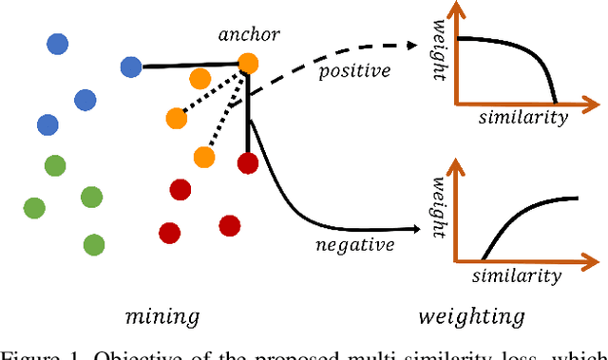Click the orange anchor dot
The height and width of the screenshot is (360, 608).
click(x=248, y=64)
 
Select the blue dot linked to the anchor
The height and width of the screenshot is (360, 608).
click(x=131, y=66)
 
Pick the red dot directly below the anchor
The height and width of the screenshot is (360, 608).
click(x=248, y=162)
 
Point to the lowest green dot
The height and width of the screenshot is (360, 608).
click(x=93, y=244)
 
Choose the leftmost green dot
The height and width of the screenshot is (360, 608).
click(x=34, y=207)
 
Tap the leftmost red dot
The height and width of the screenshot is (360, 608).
click(x=169, y=232)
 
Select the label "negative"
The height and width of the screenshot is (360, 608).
click(x=354, y=245)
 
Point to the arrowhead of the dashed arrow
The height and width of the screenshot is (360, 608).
click(x=416, y=45)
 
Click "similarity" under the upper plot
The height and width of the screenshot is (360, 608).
click(x=522, y=118)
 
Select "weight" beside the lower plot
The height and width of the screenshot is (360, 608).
click(x=439, y=204)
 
